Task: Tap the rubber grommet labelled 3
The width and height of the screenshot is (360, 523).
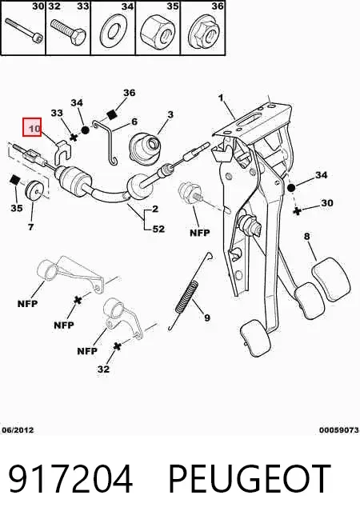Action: [x=145, y=146]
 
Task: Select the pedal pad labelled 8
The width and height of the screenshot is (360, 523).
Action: [x=331, y=280]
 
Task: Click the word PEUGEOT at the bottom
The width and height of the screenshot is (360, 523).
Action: [x=250, y=479]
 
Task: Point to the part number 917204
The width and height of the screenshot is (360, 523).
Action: [x=70, y=479]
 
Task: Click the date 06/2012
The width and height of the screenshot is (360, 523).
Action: [x=18, y=430]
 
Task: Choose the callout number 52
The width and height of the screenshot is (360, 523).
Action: [x=158, y=230]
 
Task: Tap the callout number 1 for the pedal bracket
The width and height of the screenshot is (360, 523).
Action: [x=221, y=98]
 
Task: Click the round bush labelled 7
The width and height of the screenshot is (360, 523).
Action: [x=34, y=191]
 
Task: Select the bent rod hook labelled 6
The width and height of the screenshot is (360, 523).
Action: [x=110, y=142]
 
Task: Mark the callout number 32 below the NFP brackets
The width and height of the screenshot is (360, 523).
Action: [x=103, y=369]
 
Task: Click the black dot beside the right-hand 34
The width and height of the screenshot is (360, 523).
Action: [x=291, y=188]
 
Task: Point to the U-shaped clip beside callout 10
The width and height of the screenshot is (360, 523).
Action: [x=62, y=153]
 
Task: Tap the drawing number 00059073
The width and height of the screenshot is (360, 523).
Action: [x=339, y=430]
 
